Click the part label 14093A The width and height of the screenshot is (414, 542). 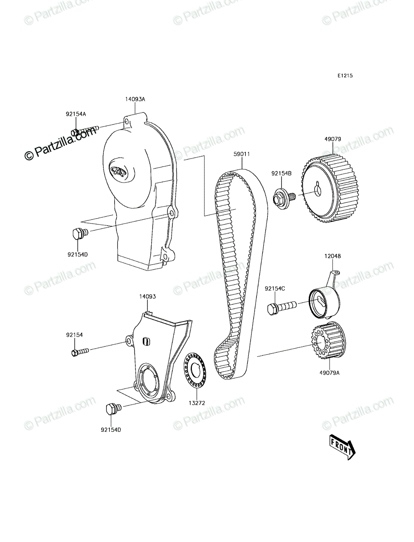(x=135, y=99)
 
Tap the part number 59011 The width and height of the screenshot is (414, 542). (x=242, y=154)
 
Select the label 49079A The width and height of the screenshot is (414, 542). (x=330, y=373)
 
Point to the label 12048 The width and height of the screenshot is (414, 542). (x=333, y=256)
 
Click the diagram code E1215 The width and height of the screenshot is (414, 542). (x=345, y=75)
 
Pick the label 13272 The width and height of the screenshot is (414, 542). (x=197, y=403)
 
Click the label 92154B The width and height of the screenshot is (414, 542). (x=282, y=173)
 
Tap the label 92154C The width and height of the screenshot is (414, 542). (x=275, y=289)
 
